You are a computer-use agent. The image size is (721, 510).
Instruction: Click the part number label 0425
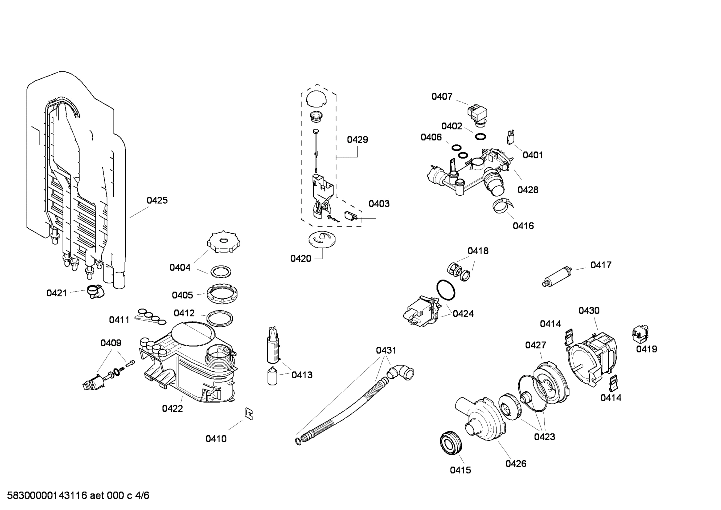(157, 200)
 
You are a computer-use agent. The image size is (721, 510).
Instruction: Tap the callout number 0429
(357, 139)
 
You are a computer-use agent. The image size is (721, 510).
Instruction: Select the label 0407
(442, 96)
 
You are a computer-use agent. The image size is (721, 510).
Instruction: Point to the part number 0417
(601, 265)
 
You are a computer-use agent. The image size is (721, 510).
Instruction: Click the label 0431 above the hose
(386, 350)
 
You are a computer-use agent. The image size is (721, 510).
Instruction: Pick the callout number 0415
(460, 470)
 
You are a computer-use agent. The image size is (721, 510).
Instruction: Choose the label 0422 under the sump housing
(172, 408)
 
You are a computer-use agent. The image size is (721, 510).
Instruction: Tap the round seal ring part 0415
(452, 443)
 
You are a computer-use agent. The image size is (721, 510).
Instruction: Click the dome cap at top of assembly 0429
(316, 98)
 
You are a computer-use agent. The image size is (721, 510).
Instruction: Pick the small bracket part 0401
(511, 137)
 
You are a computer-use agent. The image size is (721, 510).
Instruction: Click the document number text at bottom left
(75, 496)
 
